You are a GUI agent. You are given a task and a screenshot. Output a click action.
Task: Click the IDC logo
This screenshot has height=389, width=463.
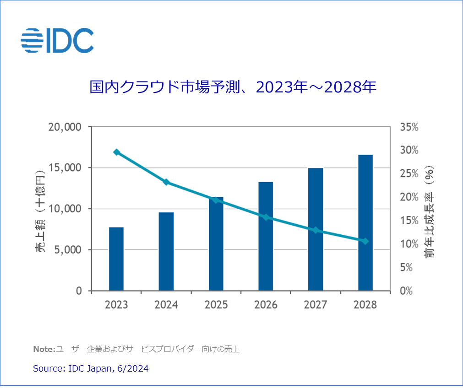click(57, 40)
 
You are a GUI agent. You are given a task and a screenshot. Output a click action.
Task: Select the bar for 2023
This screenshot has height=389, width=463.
click(116, 259)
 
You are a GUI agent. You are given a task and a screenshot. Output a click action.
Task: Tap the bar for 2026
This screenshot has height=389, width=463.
click(266, 236)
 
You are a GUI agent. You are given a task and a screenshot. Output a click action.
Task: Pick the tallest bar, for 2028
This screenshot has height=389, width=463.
click(365, 222)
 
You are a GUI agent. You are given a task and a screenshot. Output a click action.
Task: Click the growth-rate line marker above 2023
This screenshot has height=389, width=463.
click(116, 152)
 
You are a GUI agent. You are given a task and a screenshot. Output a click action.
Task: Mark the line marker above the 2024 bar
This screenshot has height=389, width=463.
click(166, 182)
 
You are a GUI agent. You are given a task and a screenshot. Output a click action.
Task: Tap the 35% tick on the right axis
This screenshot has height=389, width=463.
click(409, 127)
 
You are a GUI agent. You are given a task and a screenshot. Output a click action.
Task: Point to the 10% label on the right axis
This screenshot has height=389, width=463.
click(409, 243)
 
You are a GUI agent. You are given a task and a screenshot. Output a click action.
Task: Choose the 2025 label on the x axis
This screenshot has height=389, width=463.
click(216, 305)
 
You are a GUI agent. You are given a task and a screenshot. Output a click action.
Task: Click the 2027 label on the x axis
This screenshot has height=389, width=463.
click(316, 305)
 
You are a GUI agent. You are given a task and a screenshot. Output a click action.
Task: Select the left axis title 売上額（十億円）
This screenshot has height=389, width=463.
click(40, 209)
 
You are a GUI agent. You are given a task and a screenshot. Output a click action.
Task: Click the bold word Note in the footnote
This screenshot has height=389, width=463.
click(44, 350)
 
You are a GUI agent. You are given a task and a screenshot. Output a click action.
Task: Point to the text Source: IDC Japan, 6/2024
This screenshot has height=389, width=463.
click(91, 368)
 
